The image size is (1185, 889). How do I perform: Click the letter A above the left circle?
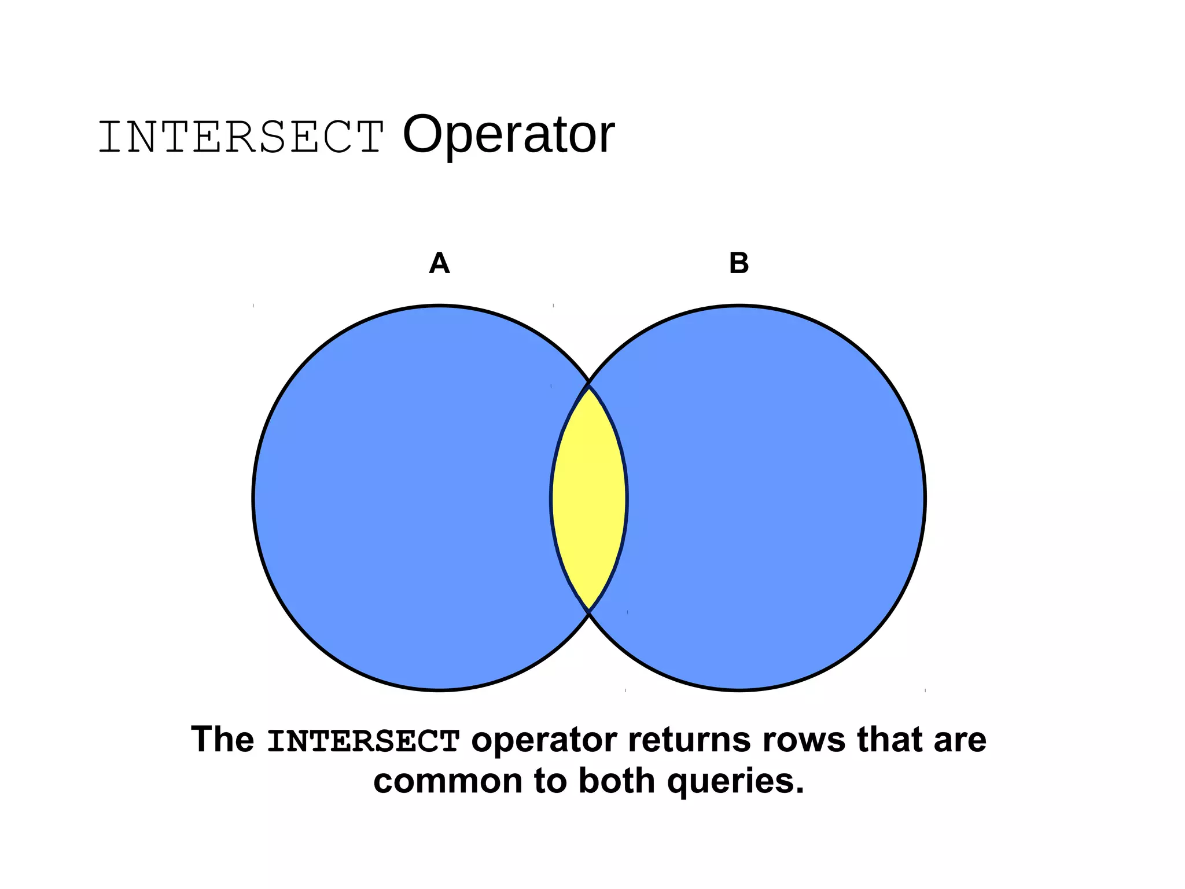pos(439,263)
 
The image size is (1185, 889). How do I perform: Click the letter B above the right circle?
pos(739,263)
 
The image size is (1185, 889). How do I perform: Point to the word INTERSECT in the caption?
pos(363,741)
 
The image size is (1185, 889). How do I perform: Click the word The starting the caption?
pos(223,740)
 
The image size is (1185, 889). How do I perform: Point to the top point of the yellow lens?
pos(589,386)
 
